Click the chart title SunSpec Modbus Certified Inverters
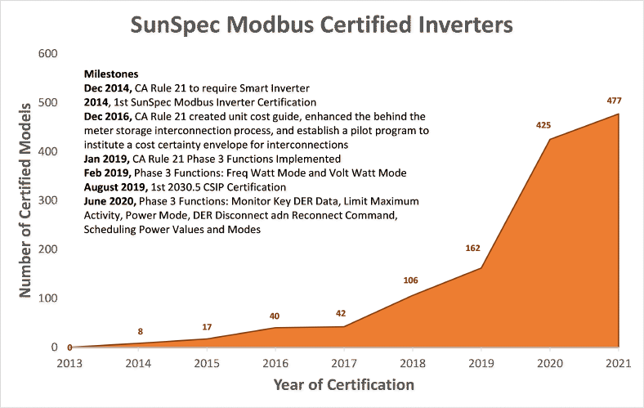tap(322, 25)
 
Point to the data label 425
tap(543, 125)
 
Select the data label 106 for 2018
tap(410, 280)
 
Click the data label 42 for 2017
tap(342, 313)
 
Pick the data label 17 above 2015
tap(208, 327)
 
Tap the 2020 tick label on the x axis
tap(549, 362)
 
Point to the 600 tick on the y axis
tap(47, 54)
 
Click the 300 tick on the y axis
tap(47, 201)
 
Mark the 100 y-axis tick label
tap(47, 298)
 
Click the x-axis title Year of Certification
tap(343, 384)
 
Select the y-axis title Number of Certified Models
tap(25, 200)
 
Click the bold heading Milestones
tap(111, 74)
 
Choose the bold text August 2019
tap(117, 186)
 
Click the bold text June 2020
tap(110, 201)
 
